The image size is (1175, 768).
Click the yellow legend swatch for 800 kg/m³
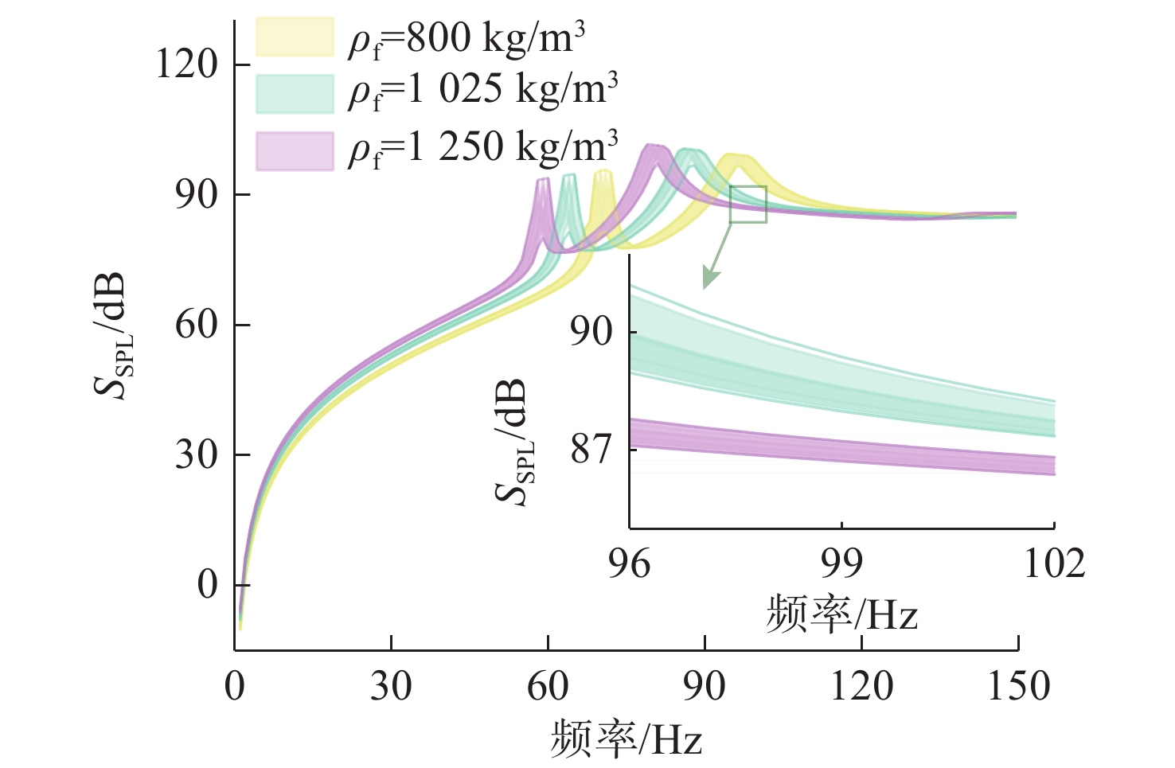(x=295, y=37)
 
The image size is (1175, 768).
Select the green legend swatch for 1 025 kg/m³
(x=295, y=93)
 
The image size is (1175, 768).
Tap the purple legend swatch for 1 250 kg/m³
(x=295, y=151)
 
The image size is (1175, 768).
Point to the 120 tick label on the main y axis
(x=187, y=64)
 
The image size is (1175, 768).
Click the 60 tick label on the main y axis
(x=197, y=325)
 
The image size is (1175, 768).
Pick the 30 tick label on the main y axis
(x=197, y=455)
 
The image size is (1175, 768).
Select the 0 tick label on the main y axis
(x=208, y=585)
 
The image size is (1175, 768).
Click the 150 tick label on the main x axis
(x=1019, y=686)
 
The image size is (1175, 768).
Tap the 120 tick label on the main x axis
(x=862, y=686)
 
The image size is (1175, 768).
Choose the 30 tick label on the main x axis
(x=391, y=686)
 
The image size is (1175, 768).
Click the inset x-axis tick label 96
(x=629, y=563)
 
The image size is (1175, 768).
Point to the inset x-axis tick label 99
(x=841, y=563)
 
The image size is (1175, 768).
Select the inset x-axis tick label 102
(x=1054, y=563)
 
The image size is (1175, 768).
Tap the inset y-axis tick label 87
(x=591, y=450)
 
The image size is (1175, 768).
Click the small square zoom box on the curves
(x=748, y=205)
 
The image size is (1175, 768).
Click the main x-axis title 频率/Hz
(x=627, y=738)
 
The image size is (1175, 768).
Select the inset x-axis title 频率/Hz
(x=841, y=614)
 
